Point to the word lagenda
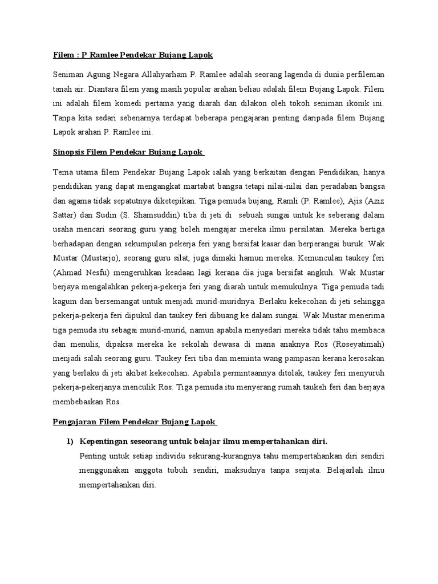tap(298, 74)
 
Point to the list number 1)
tap(70, 442)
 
